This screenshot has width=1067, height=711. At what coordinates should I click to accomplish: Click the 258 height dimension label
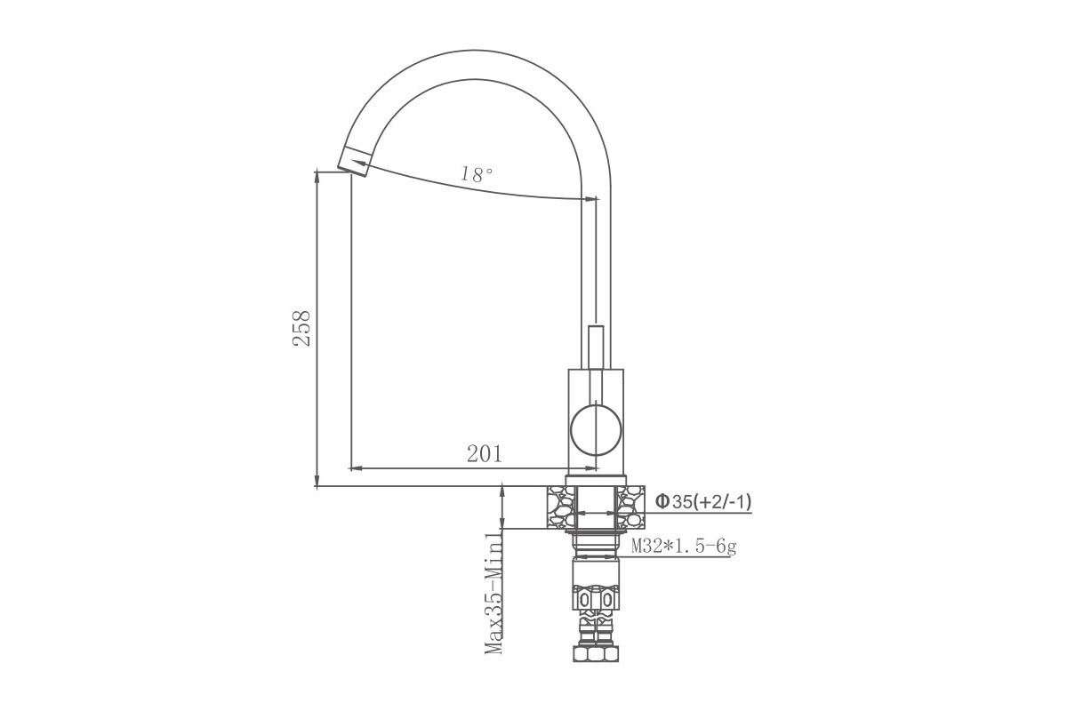(x=301, y=328)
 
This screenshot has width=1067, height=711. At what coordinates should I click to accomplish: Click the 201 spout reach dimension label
(x=485, y=454)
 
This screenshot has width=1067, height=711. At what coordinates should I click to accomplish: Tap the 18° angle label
(x=477, y=174)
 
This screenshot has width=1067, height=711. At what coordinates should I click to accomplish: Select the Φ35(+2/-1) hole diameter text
(x=703, y=501)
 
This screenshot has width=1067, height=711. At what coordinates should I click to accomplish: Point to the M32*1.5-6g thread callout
(x=684, y=547)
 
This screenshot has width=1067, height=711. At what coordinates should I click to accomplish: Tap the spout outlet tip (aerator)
(x=355, y=162)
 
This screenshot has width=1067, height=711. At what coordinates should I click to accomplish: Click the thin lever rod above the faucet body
(x=597, y=348)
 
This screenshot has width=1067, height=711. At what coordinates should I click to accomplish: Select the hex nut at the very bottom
(x=596, y=653)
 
